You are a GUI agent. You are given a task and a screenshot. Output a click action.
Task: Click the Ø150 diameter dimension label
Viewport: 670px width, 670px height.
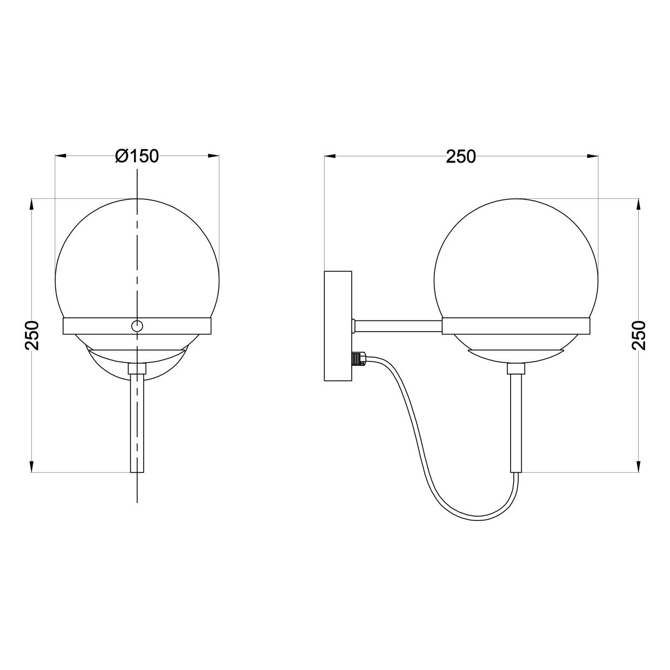click(x=137, y=156)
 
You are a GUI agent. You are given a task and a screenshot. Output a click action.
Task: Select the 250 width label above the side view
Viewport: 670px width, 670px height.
click(x=461, y=157)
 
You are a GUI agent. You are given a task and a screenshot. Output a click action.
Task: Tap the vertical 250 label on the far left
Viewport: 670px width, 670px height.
click(x=32, y=335)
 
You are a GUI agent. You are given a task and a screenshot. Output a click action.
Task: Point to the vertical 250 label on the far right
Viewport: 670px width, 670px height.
click(x=639, y=335)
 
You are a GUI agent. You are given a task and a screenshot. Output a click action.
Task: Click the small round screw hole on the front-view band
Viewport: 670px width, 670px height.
click(x=137, y=326)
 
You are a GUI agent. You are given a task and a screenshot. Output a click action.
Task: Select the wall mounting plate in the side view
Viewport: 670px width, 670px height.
click(x=338, y=326)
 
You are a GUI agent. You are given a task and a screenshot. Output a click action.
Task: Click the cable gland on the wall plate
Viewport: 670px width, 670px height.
click(x=358, y=358)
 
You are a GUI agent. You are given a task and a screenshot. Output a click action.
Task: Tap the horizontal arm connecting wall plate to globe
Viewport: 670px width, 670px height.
click(x=398, y=326)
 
